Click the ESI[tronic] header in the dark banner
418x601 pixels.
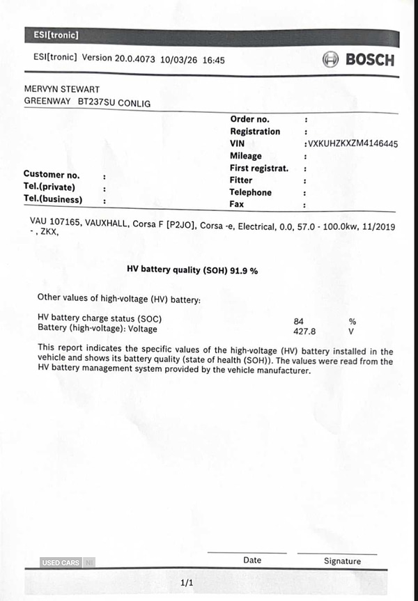point(55,35)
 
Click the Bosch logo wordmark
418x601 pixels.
point(370,60)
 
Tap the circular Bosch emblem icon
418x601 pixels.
point(330,60)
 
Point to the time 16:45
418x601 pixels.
point(213,60)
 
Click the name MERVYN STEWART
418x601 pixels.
point(61,90)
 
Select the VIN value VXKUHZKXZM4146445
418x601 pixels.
point(353,143)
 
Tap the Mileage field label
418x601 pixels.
point(245,156)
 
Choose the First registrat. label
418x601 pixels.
point(258,169)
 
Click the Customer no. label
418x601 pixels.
point(52,175)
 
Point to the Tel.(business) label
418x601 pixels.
point(53,199)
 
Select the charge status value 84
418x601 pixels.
point(299,321)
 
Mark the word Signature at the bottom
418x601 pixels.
point(342,561)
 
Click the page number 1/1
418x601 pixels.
point(187,582)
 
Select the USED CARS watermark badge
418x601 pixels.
point(61,563)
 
